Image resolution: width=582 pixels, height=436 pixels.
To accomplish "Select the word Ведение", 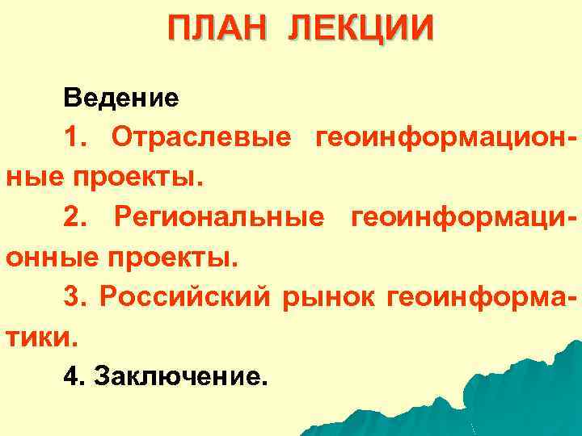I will point(121,99).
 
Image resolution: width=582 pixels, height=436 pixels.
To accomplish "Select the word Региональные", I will point(219,216).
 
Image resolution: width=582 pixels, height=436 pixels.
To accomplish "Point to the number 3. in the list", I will point(75,296).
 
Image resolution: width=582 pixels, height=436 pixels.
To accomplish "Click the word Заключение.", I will point(179,375).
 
